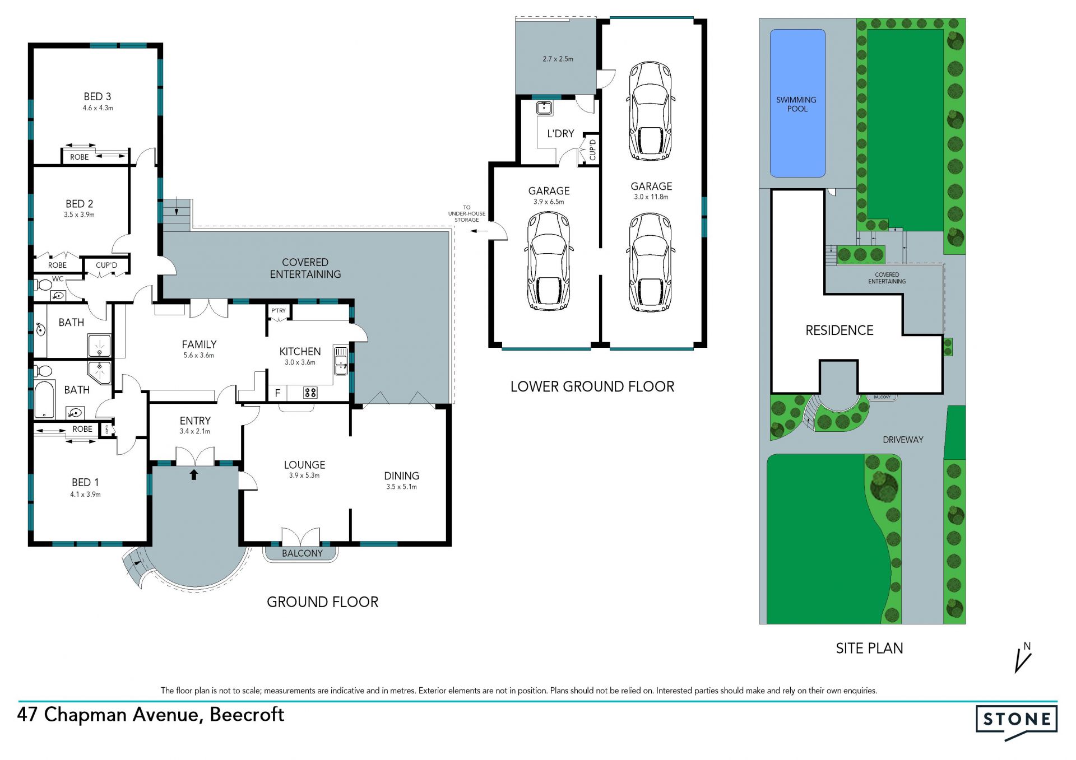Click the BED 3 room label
click(98, 97)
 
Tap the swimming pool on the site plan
click(797, 104)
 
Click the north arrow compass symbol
click(1023, 658)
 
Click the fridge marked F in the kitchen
click(277, 393)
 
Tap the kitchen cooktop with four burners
click(310, 393)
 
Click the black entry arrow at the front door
click(194, 474)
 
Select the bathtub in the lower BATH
click(44, 399)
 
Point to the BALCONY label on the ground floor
click(302, 553)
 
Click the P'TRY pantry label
click(279, 310)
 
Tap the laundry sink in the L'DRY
click(544, 108)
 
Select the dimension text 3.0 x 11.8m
click(651, 197)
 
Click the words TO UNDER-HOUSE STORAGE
click(467, 213)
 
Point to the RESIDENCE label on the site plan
click(840, 330)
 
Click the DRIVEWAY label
click(903, 440)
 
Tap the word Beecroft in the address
click(247, 715)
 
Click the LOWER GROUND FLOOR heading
click(592, 386)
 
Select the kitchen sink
click(341, 361)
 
